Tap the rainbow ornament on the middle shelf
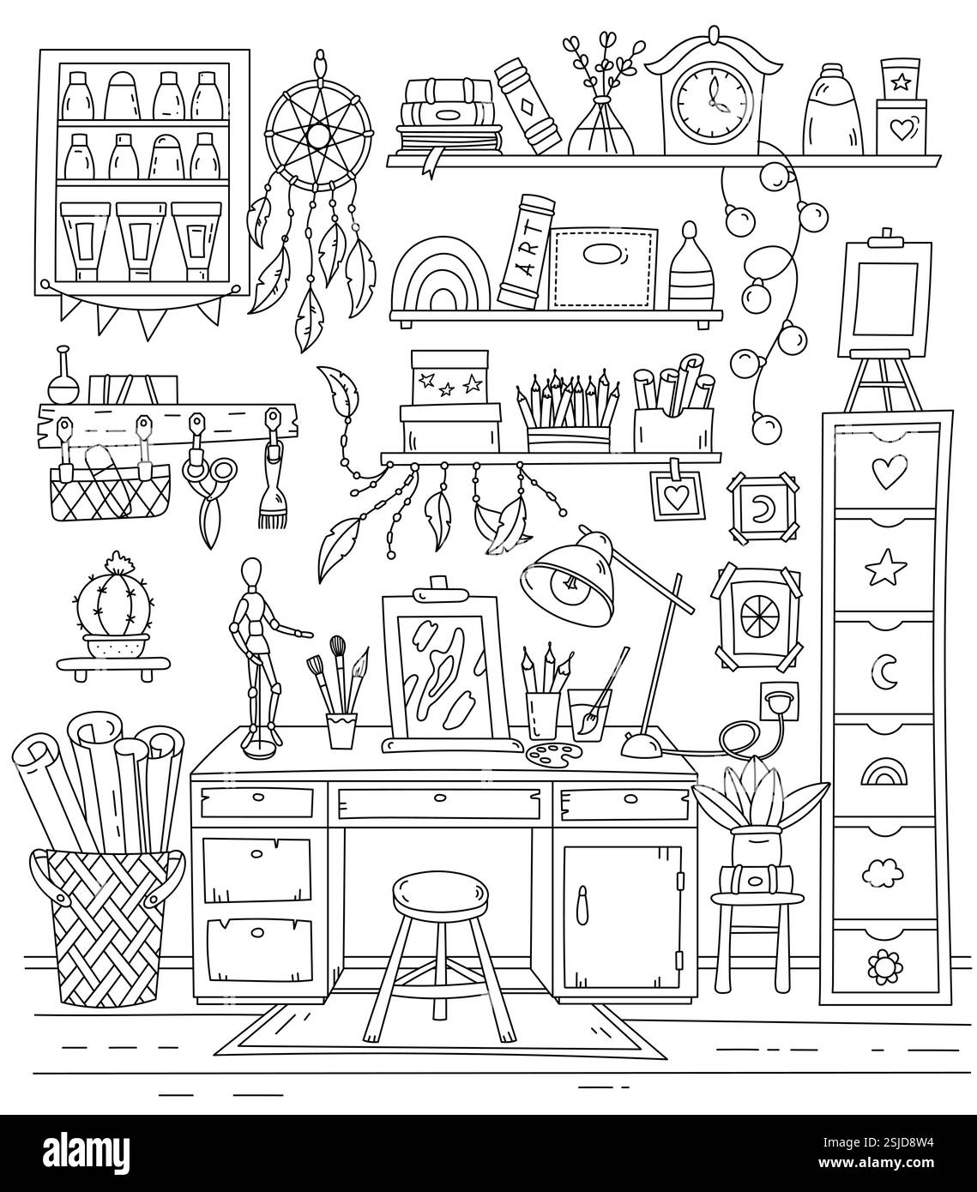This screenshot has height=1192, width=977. pos(443,275)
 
